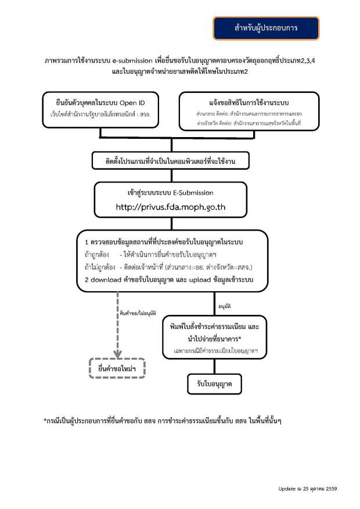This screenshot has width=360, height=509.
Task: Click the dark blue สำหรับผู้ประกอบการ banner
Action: coord(266,28)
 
